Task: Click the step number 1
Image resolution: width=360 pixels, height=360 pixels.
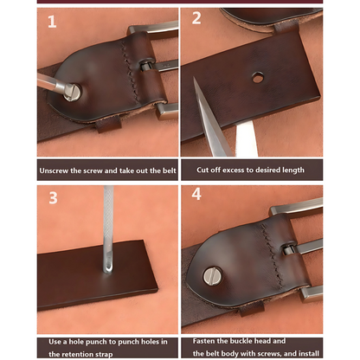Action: [x=52, y=22]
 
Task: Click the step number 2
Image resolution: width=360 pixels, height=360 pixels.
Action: [x=196, y=18]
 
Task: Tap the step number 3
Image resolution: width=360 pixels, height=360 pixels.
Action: [x=53, y=198]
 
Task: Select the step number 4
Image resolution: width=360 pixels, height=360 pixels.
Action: [x=196, y=194]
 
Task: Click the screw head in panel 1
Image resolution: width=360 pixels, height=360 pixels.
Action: [x=72, y=92]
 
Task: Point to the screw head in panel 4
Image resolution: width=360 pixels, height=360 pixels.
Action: [x=212, y=275]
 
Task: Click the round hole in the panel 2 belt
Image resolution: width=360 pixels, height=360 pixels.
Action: [x=258, y=77]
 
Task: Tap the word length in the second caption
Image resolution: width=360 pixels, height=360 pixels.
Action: [x=292, y=170]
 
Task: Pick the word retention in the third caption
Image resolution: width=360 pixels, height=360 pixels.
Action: [x=78, y=354]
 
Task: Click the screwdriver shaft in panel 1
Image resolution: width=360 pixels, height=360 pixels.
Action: [x=51, y=82]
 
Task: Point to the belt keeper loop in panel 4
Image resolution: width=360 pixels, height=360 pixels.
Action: [x=252, y=308]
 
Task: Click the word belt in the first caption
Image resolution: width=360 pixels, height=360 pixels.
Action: [x=169, y=170]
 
